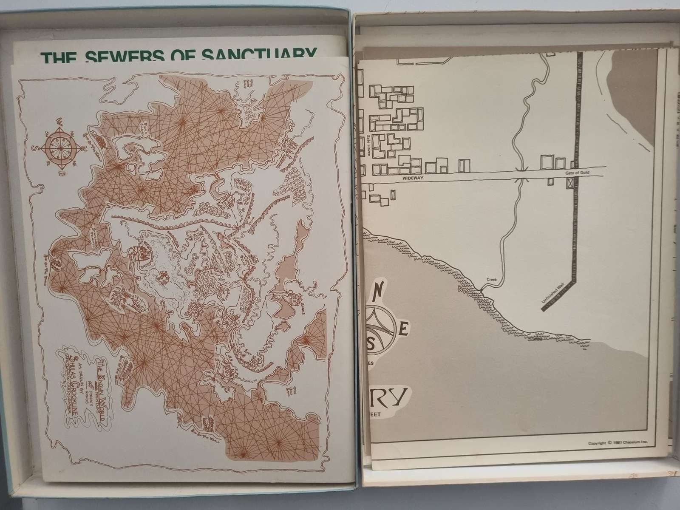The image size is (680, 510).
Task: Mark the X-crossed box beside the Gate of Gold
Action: click(569, 183)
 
